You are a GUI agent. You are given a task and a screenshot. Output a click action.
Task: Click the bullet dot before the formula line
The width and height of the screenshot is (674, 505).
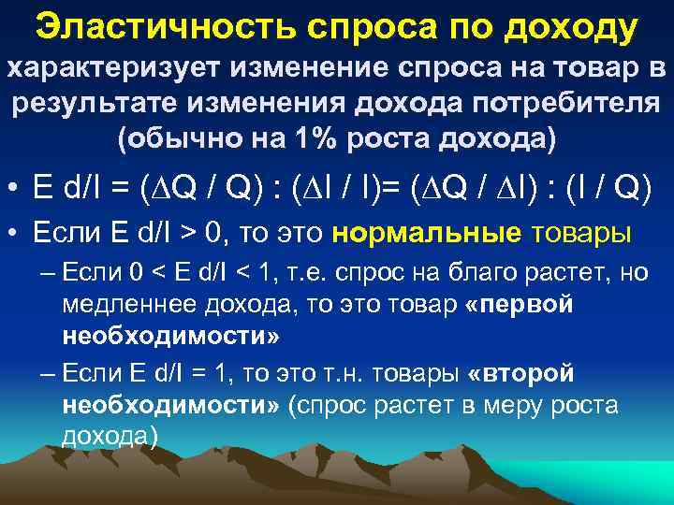(16, 189)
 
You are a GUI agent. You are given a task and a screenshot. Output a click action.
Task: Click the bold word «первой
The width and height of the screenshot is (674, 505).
(520, 306)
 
